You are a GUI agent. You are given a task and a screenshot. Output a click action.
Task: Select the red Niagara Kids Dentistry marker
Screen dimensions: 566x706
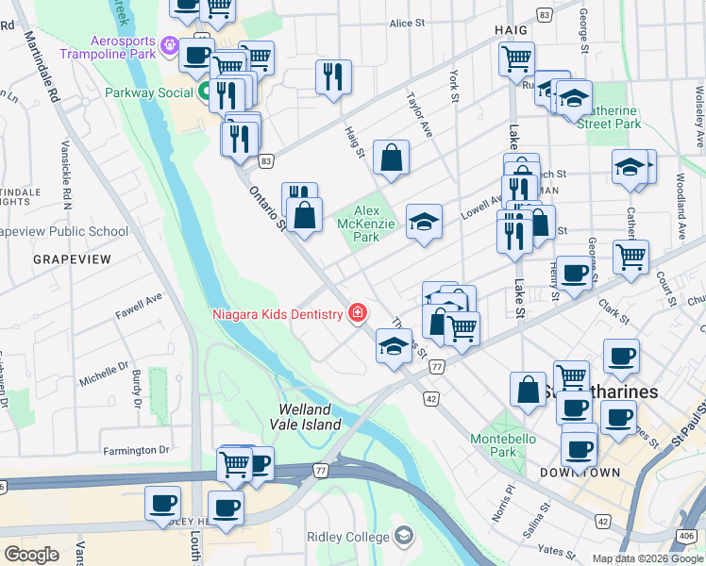[358, 313]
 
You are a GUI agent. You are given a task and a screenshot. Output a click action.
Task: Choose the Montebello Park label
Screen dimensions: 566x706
[503, 445]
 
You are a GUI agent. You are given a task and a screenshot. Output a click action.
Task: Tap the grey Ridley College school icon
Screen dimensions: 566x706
[404, 537]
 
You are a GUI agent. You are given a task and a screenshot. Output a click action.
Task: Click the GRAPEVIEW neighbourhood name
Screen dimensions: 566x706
[72, 258]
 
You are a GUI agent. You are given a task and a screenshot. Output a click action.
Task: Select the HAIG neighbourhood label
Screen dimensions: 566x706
[511, 30]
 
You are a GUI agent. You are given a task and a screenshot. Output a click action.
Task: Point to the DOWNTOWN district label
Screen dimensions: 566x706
[580, 472]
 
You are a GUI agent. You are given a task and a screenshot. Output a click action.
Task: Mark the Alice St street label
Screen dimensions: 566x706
[408, 23]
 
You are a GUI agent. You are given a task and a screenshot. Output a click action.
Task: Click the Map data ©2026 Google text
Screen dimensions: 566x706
[647, 558]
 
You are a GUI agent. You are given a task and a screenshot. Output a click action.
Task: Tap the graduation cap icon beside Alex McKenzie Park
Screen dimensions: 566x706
[424, 223]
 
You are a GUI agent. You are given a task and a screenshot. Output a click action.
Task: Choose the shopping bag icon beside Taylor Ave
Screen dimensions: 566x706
[391, 158]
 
